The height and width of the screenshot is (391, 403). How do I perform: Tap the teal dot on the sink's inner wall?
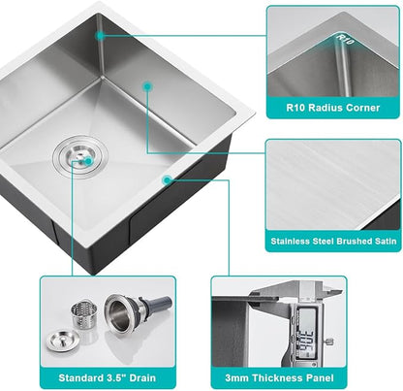(x=147, y=86)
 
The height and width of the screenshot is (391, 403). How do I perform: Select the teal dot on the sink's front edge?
(x=167, y=179)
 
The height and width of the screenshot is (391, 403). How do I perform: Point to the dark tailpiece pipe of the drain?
(x=159, y=310)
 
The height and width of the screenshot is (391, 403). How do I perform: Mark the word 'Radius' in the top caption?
(x=325, y=108)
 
